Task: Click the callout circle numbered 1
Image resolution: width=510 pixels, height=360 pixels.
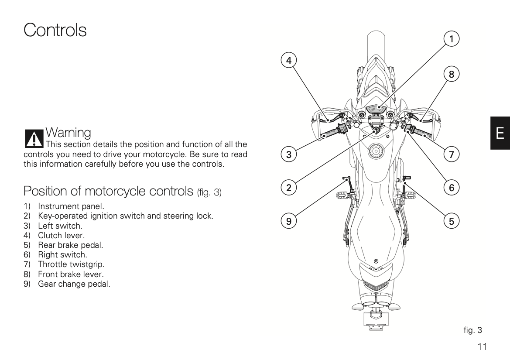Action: coord(452,39)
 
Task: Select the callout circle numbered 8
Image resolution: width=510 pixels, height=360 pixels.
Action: coord(452,75)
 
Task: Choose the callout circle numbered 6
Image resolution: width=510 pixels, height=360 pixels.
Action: coord(452,188)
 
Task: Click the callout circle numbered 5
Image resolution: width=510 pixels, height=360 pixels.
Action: coord(452,222)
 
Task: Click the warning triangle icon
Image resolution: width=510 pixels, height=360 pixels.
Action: coord(33,138)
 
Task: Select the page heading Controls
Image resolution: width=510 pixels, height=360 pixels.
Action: coord(55,30)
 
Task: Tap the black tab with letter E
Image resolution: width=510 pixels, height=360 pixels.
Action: coord(500,133)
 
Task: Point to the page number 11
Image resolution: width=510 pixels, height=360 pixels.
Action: coord(482,347)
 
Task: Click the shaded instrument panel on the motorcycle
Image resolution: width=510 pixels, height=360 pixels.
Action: coord(375,108)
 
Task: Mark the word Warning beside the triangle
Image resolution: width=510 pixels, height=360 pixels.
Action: coord(69,132)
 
